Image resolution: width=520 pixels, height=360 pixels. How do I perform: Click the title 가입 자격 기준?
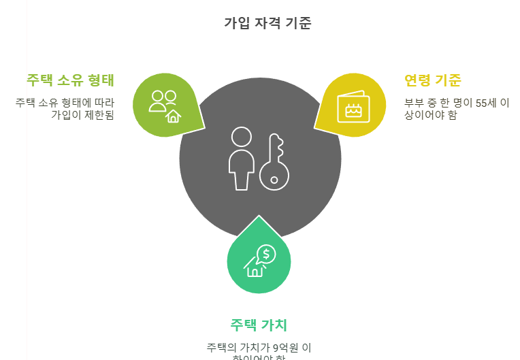click(x=267, y=23)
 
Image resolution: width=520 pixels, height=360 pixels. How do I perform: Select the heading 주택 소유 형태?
click(x=70, y=80)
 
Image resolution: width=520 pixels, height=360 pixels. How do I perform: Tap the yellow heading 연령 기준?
click(x=432, y=80)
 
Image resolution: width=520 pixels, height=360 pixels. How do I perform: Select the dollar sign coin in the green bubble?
click(x=267, y=255)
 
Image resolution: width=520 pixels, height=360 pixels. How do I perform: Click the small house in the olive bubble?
click(x=174, y=116)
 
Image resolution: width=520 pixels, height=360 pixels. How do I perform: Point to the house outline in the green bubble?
click(x=255, y=269)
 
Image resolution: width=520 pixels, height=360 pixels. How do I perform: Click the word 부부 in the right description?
click(x=414, y=103)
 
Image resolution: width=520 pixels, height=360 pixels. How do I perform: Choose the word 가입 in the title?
click(x=235, y=23)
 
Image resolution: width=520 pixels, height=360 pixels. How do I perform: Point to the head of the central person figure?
click(x=241, y=137)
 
